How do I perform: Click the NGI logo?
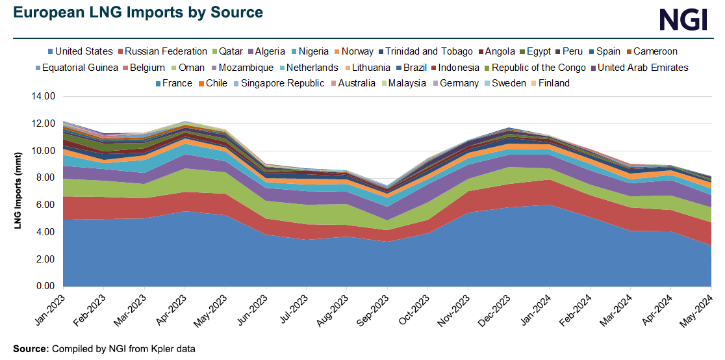click(x=682, y=19)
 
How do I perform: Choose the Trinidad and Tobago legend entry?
click(x=429, y=51)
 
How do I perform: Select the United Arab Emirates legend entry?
click(x=642, y=68)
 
